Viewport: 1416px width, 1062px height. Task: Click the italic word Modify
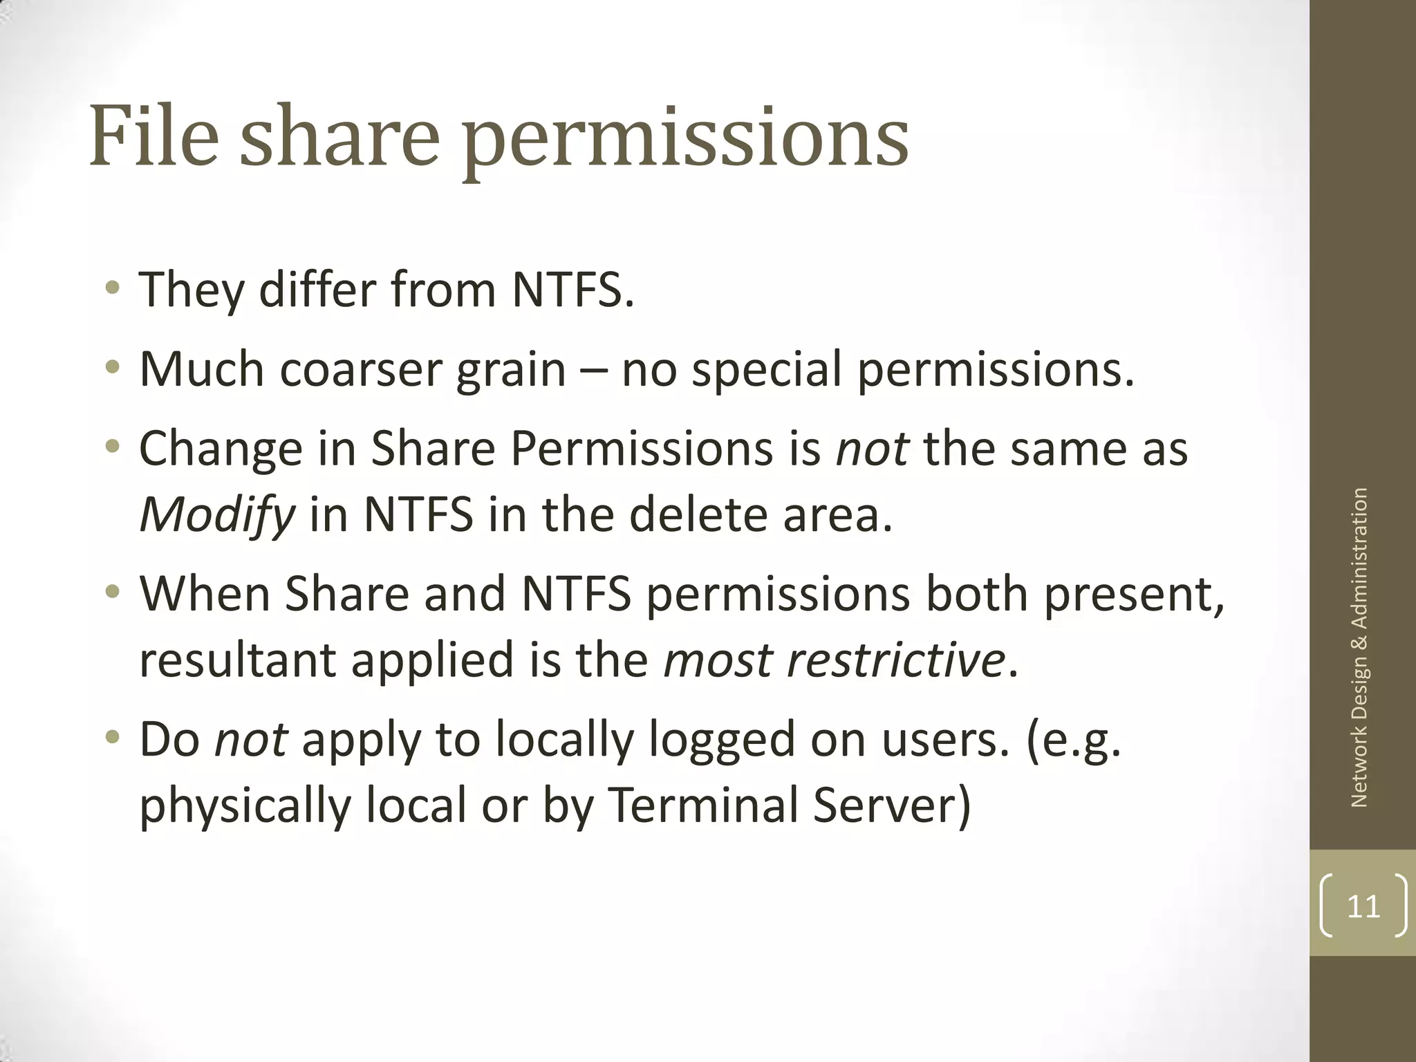click(x=217, y=516)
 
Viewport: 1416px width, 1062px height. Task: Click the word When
click(x=205, y=595)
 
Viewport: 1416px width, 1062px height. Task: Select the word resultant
click(x=237, y=660)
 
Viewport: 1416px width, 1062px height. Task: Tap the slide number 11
click(x=1363, y=906)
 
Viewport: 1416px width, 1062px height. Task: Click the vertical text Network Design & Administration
click(x=1359, y=647)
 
